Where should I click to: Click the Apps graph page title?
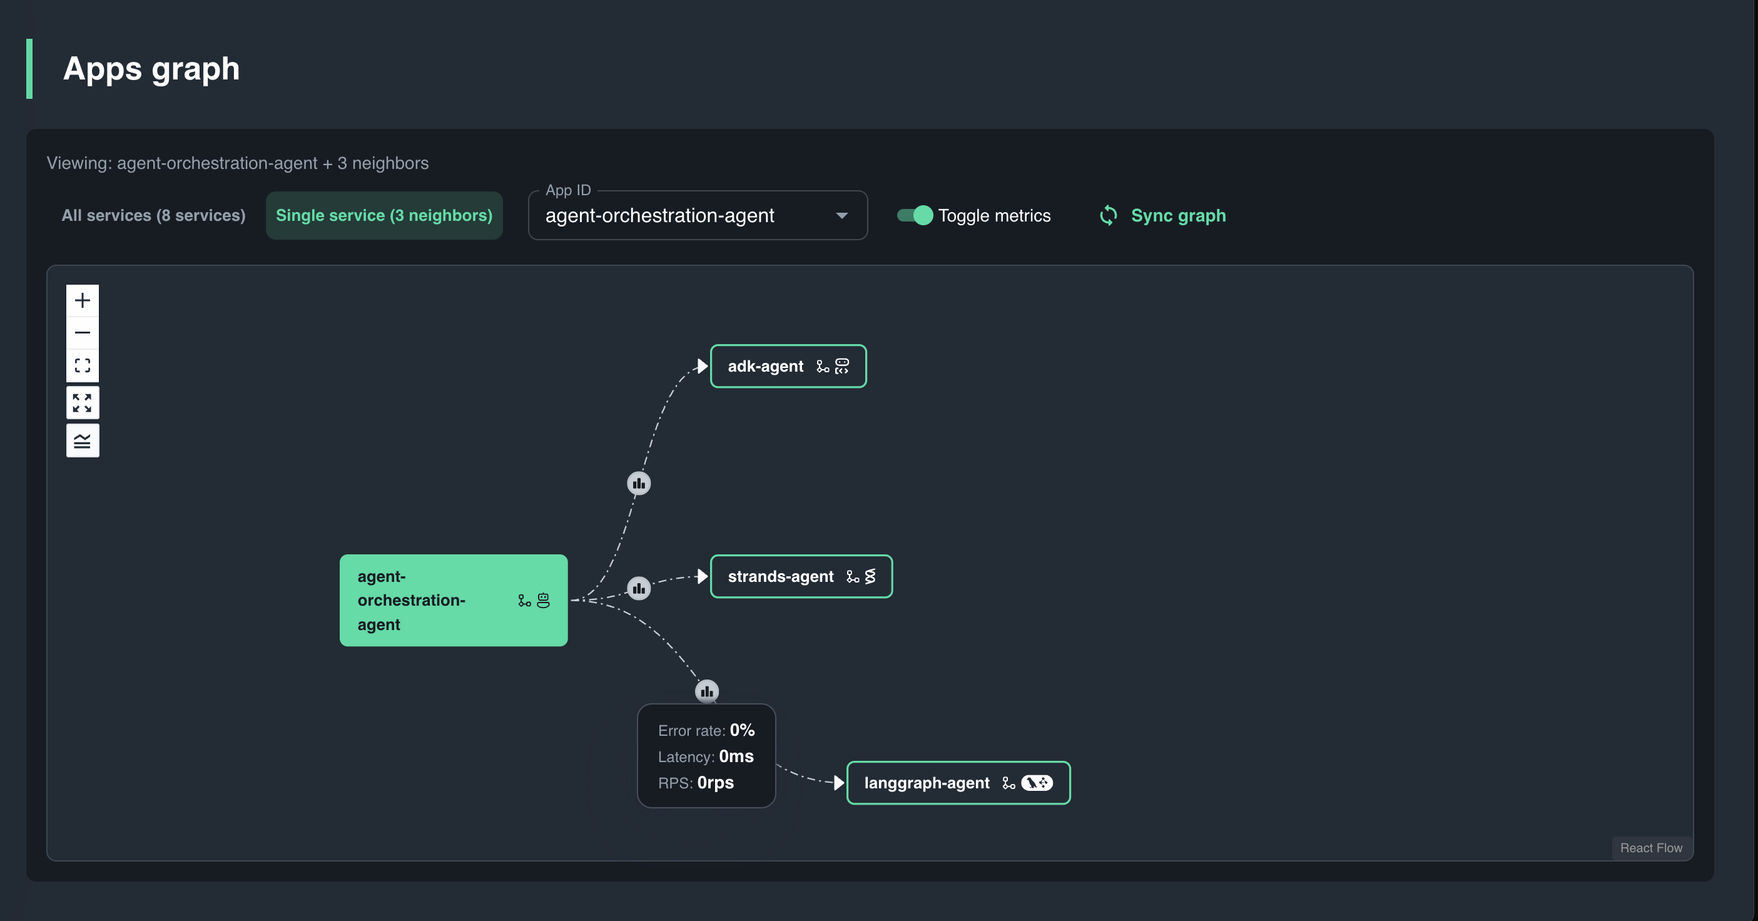[x=151, y=69]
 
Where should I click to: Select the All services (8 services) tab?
[x=153, y=216]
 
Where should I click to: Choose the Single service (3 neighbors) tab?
[x=384, y=216]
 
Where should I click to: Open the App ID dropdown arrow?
[x=841, y=216]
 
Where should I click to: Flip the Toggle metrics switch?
[x=915, y=216]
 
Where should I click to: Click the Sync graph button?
[x=1163, y=216]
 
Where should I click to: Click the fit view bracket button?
[x=83, y=366]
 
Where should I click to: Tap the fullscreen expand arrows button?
[x=83, y=403]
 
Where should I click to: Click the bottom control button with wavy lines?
[x=83, y=441]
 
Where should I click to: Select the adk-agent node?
[x=788, y=367]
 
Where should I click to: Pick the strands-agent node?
[x=801, y=577]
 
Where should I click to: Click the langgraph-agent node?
[x=958, y=783]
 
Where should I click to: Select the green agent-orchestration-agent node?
[x=454, y=601]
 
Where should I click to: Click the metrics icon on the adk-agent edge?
[x=639, y=484]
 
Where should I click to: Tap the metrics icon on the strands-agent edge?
[x=639, y=589]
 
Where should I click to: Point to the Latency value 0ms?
[x=736, y=756]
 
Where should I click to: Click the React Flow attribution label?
[x=1651, y=848]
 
